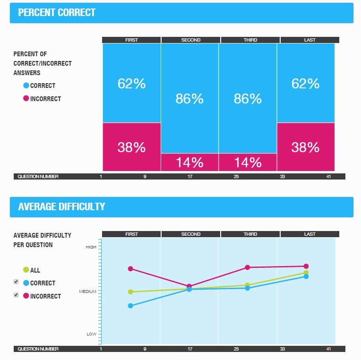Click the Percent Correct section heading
[x=57, y=13]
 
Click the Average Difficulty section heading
[x=61, y=207]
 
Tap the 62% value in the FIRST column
[x=132, y=84]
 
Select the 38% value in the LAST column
[x=305, y=147]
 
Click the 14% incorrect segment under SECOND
[x=189, y=163]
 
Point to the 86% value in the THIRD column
[x=248, y=99]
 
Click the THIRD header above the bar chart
[x=250, y=40]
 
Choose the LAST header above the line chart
[x=309, y=234]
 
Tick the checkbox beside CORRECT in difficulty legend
[x=16, y=282]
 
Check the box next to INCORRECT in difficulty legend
[x=16, y=295]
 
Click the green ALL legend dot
[x=26, y=270]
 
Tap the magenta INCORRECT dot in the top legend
[x=26, y=99]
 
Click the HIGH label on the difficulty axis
[x=91, y=247]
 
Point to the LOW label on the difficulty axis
[x=91, y=334]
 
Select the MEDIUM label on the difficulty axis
[x=88, y=291]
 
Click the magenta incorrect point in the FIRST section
[x=131, y=269]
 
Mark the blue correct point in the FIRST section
[x=131, y=306]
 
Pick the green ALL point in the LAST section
[x=306, y=272]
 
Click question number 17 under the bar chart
[x=190, y=177]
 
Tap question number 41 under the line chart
[x=328, y=349]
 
